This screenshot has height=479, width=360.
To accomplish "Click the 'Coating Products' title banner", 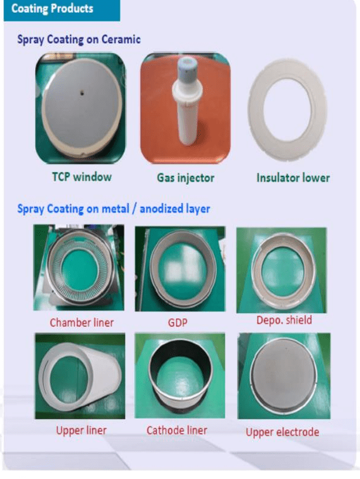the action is point(62,10).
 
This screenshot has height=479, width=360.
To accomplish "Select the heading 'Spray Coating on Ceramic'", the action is point(79,40).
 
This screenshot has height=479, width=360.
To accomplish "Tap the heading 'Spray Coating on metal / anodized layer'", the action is point(113,209).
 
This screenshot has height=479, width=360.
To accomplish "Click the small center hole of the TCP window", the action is point(82,93).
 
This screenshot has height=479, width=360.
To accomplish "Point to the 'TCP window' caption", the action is point(82,177).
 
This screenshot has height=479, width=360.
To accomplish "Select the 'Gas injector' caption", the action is point(186,178).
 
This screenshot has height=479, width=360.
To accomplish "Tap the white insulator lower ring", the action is point(256,110).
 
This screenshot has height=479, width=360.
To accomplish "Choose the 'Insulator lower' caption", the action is point(293,178).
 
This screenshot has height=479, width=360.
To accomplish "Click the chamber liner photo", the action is point(79,267).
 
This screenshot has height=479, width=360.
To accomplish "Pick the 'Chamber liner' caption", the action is point(82,323).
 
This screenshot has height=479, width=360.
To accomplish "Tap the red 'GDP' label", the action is point(178,323).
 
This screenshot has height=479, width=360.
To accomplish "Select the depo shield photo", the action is point(281,270).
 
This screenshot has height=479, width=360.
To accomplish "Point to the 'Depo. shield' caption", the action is point(284,320).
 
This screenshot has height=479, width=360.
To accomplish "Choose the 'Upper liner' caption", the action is point(81,431).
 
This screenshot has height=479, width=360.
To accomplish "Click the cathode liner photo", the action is point(180,375).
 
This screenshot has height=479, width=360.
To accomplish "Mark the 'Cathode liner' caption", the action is point(177,431).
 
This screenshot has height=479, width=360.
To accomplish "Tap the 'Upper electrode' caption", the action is point(282,432).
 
